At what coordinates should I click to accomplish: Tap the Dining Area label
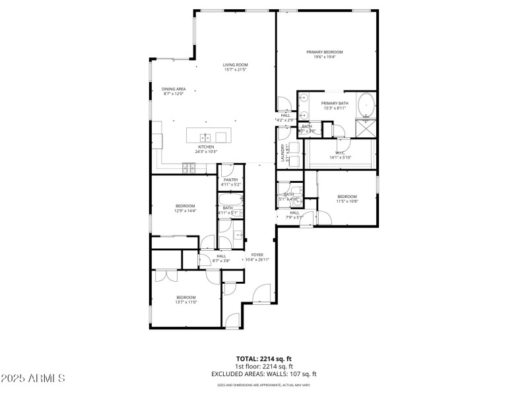tap(174, 88)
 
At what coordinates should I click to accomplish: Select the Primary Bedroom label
tap(324, 51)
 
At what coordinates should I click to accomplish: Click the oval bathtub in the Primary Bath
tap(366, 104)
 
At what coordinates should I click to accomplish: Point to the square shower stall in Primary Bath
tap(366, 128)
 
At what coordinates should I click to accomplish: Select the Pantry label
tap(231, 180)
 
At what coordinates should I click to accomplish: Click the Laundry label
tap(283, 153)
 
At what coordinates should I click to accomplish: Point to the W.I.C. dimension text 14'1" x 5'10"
tap(341, 157)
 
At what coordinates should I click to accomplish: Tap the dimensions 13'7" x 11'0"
tap(187, 302)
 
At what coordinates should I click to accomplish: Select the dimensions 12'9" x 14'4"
tap(185, 211)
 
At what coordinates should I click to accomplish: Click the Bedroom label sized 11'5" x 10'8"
tap(347, 197)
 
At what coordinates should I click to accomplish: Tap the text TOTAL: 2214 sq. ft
tap(264, 358)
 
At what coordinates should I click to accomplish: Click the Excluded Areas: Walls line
tap(264, 374)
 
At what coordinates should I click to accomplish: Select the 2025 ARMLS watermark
tap(33, 378)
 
